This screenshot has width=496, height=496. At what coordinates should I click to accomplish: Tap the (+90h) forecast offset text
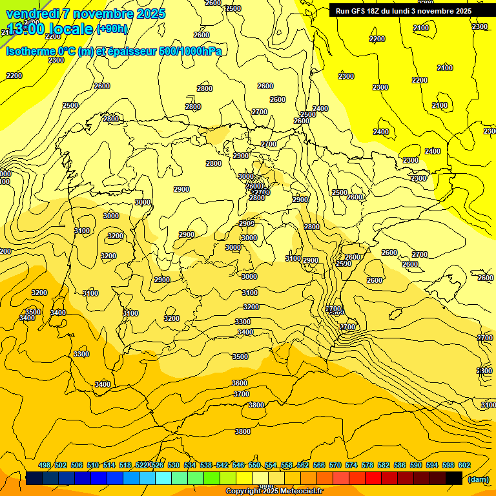[112, 28]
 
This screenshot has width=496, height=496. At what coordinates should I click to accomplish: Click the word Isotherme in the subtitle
[30, 51]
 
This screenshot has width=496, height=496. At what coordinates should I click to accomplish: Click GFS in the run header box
[358, 11]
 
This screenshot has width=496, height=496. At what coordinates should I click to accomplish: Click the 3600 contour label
[240, 383]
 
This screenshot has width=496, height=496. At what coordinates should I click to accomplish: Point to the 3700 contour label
[242, 394]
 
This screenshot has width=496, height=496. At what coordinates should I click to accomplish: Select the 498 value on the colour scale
[45, 465]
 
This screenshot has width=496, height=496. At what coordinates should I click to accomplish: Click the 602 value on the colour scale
[464, 465]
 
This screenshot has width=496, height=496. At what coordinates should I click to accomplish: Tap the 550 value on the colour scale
[254, 465]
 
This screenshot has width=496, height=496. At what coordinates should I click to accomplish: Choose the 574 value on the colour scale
[351, 465]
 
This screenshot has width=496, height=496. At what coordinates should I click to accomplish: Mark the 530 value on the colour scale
[174, 465]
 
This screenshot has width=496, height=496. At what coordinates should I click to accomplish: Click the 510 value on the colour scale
[93, 465]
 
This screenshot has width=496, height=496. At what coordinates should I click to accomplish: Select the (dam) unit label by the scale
[478, 479]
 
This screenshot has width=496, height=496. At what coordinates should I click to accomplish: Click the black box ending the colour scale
[454, 478]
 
